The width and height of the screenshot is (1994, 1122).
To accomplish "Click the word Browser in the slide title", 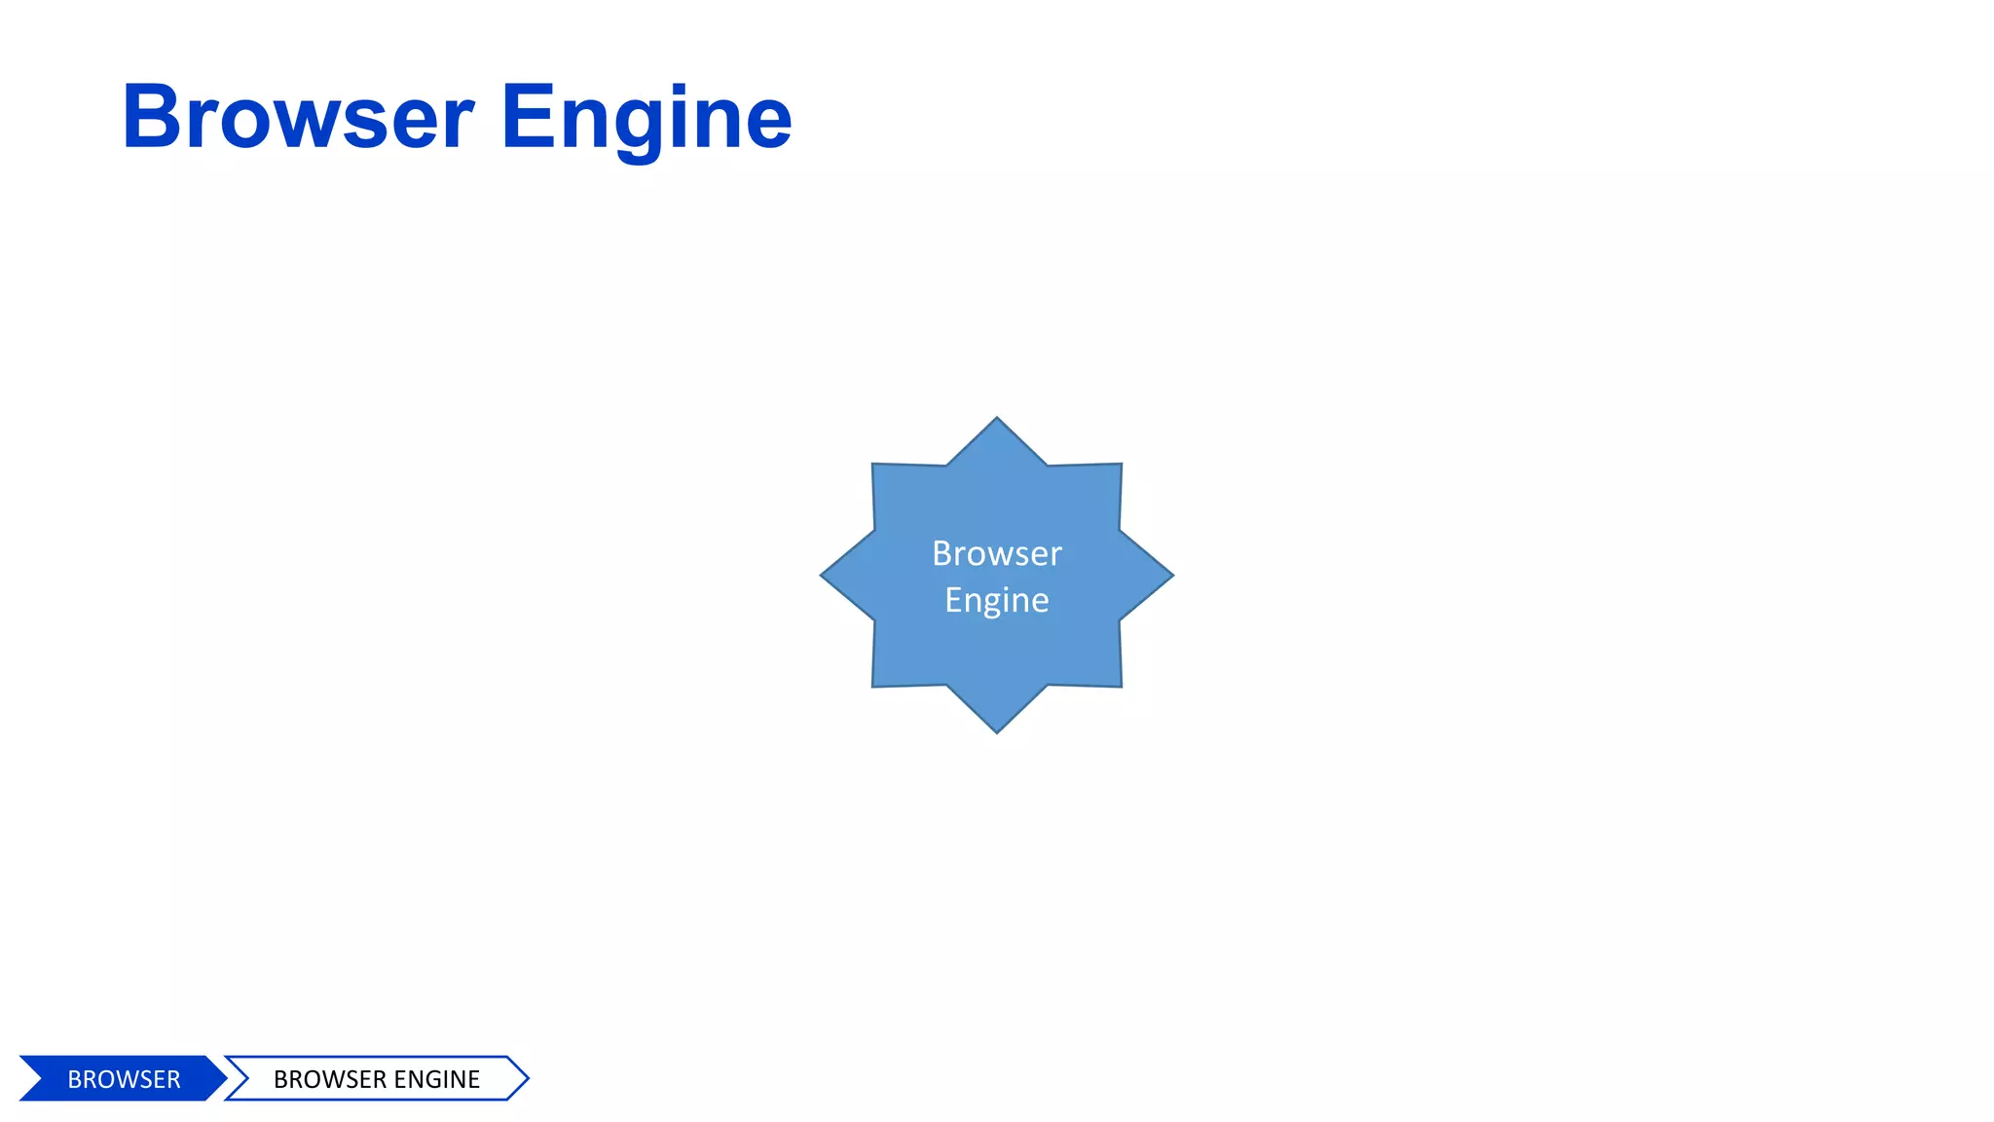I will coord(298,118).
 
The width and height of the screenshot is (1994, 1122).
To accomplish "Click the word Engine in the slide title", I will coord(646,120).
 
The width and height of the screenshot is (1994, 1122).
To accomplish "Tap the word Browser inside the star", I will coord(996,553).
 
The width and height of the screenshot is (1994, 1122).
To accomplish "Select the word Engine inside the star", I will coord(996,600).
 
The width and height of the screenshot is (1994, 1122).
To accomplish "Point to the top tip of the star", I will coord(996,420).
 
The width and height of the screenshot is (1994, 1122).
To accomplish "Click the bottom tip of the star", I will coord(996,730).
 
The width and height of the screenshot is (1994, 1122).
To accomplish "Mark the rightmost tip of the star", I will coord(1170,576).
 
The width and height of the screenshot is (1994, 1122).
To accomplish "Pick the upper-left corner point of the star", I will coord(874,466).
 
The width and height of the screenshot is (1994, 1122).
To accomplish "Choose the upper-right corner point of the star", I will coord(1120,466).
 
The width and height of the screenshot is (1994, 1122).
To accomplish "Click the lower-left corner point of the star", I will coord(874,685).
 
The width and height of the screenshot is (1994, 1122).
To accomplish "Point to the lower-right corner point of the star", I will coord(1120,685).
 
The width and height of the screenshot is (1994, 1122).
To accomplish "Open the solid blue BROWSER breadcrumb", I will coord(124,1079).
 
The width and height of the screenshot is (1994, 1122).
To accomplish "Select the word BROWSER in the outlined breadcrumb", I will coord(330,1079).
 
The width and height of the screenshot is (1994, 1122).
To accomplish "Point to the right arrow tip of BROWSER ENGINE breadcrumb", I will coord(526,1078).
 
